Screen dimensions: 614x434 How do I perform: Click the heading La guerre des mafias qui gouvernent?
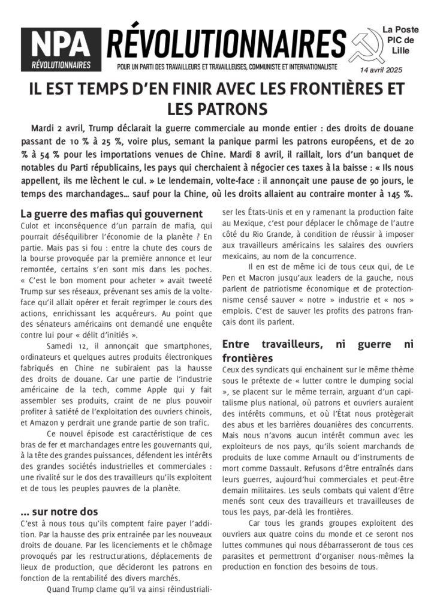pos(111,213)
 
